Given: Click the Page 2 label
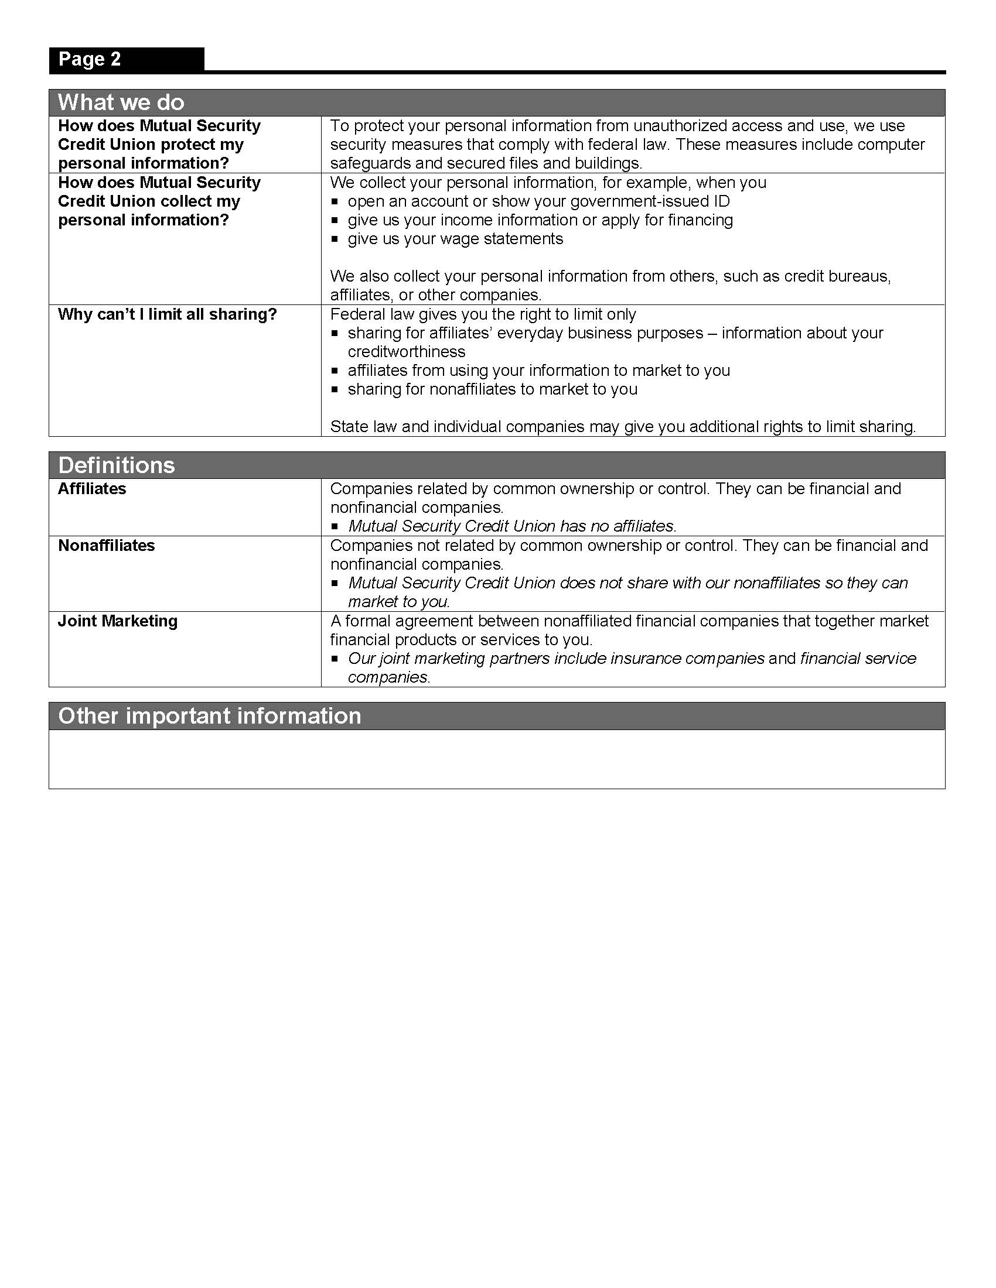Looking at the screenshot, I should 89,60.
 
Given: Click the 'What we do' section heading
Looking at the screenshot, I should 121,102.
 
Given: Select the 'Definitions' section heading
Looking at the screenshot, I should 116,465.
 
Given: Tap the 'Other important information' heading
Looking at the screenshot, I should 210,716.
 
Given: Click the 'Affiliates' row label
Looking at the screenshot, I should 92,489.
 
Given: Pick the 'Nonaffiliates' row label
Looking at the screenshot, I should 106,546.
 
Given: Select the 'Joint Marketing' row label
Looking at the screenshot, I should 117,621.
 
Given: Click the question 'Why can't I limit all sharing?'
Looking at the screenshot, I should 167,314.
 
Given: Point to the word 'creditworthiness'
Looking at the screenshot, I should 407,352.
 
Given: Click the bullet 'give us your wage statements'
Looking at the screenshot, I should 455,239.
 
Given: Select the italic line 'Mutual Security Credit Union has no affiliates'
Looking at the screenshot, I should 511,526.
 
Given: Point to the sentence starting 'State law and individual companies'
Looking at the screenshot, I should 622,427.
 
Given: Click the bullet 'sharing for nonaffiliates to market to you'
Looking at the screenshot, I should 492,389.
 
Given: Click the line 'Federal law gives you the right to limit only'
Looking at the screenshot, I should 483,314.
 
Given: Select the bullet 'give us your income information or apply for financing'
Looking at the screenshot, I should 540,221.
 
